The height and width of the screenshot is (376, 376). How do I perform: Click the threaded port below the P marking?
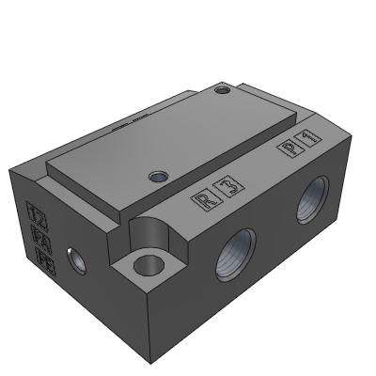(309, 199)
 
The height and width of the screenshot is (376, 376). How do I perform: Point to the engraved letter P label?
(290, 148)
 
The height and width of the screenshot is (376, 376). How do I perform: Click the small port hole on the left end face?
(73, 257)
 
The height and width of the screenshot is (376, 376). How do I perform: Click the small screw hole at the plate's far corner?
(223, 91)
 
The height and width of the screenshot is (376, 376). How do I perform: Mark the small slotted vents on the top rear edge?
(124, 122)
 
